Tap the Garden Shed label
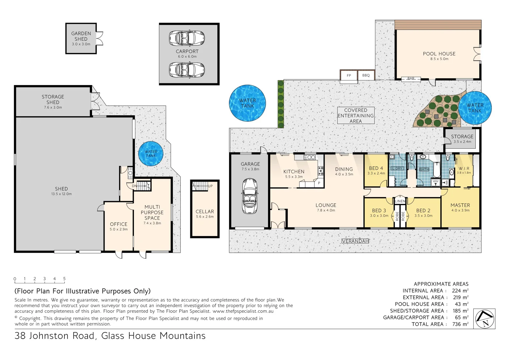point(81,36)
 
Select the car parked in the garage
point(249,196)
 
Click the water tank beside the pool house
point(475,108)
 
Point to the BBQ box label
point(366,75)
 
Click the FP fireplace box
point(349,76)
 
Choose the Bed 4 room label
point(376,168)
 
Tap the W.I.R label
point(464,169)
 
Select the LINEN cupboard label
point(400,201)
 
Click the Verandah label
point(355,241)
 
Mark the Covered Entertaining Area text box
point(356,116)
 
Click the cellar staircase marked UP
point(201,186)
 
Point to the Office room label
point(119,224)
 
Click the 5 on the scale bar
point(64,279)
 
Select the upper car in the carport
point(187,38)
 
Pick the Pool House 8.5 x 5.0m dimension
point(439,59)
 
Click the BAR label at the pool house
point(411,79)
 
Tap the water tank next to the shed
point(151,154)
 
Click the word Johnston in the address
point(62,336)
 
